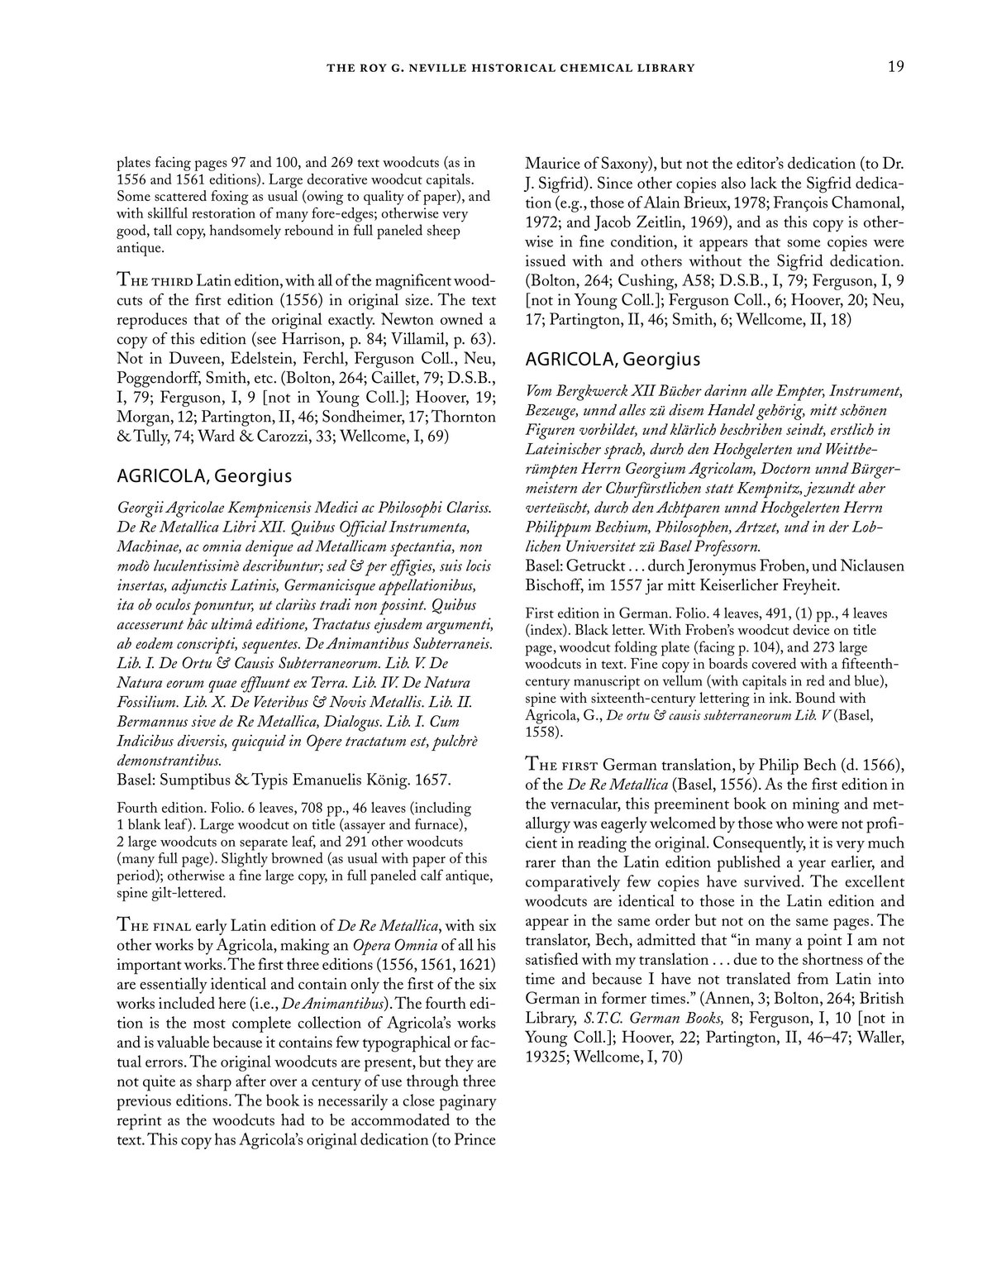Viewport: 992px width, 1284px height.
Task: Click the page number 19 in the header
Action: click(x=895, y=67)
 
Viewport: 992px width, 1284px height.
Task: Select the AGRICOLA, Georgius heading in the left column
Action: click(x=205, y=476)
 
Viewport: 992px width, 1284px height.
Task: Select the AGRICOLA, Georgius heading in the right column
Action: click(x=613, y=359)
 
